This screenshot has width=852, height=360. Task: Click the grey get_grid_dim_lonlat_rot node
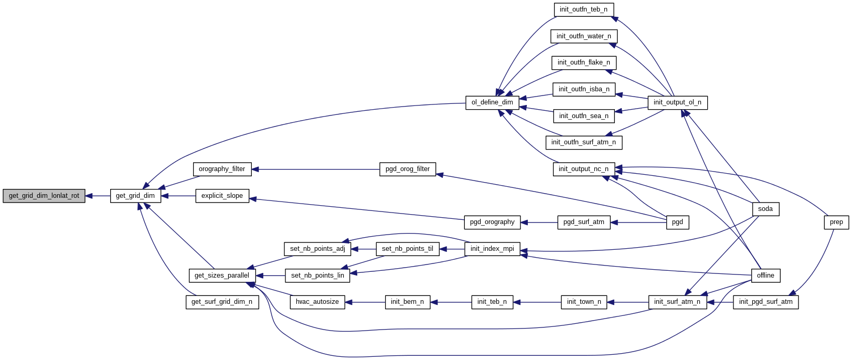(44, 196)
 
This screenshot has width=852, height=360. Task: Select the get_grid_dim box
(135, 196)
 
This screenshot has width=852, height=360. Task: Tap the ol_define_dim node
(492, 102)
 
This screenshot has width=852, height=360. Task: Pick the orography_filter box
(222, 169)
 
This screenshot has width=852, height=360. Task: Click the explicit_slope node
(222, 196)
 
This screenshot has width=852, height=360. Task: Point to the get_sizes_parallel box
(222, 276)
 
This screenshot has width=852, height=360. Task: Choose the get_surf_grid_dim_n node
(222, 302)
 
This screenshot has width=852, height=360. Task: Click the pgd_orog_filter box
(408, 169)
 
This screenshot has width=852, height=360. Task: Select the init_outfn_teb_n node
(583, 9)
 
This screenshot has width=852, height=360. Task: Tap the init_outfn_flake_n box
(583, 62)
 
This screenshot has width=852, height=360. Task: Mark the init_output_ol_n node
(677, 102)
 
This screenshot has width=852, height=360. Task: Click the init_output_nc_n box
(583, 169)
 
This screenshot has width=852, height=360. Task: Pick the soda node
(765, 209)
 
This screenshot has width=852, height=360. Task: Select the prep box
(836, 222)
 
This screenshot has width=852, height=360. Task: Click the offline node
(765, 276)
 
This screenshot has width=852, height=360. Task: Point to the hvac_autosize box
(317, 302)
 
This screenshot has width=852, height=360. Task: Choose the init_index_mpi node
(492, 249)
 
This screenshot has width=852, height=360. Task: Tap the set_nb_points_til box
(408, 249)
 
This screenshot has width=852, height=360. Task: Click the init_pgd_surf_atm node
(765, 302)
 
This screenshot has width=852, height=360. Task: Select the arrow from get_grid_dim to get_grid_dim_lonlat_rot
(98, 196)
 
